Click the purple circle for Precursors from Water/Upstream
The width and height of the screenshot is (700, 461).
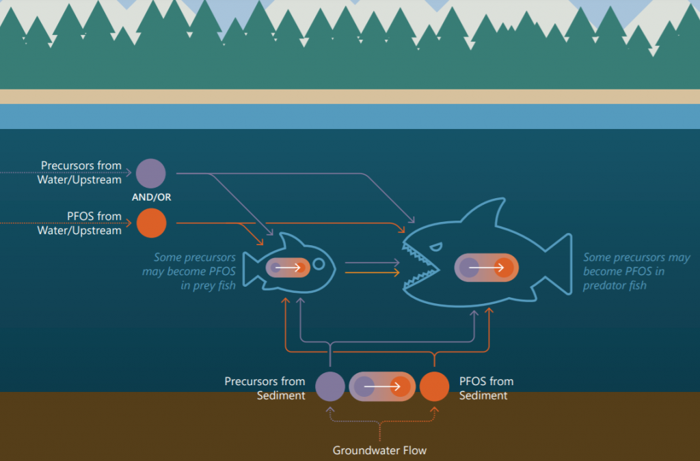tap(151, 173)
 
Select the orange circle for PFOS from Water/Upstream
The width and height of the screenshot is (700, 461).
tap(151, 223)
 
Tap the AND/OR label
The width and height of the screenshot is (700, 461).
tap(151, 197)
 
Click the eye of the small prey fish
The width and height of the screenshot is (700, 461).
tap(319, 263)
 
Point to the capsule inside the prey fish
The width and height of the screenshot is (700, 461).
tap(288, 268)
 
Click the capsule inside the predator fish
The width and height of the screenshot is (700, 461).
tap(485, 268)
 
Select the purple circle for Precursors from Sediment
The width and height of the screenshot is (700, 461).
tap(330, 386)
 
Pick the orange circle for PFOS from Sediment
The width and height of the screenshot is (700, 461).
tap(434, 386)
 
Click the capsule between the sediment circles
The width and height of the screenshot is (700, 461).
tap(382, 386)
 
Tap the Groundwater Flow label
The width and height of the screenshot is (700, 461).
tap(379, 450)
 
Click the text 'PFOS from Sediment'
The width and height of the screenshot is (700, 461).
tap(485, 388)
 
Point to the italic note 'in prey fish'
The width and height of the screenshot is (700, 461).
tap(208, 285)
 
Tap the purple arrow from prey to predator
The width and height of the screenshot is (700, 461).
tap(372, 262)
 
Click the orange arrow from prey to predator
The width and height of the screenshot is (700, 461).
tap(372, 273)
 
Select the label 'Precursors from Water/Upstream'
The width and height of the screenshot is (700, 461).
tap(81, 172)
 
